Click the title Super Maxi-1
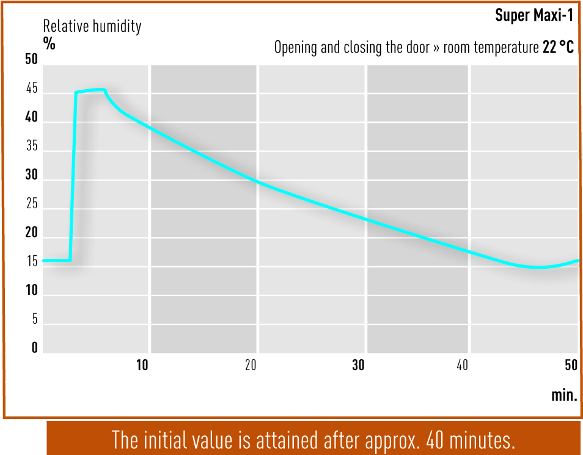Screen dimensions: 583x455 [x=534, y=15]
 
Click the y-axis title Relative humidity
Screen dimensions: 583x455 [x=92, y=27]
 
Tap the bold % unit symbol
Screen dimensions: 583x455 [x=49, y=43]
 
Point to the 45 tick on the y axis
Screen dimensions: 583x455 [x=32, y=89]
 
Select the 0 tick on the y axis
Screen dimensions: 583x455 [x=35, y=348]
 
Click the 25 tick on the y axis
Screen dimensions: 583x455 [x=32, y=204]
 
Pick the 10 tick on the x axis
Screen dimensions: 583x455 [x=142, y=365]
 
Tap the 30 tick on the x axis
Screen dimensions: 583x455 [x=358, y=365]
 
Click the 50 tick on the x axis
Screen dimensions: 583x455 [x=571, y=365]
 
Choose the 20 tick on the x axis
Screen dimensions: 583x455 [x=251, y=365]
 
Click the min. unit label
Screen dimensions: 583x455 [x=565, y=395]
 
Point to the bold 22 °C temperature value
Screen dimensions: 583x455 [x=558, y=47]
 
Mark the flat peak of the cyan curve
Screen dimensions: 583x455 [x=90, y=90]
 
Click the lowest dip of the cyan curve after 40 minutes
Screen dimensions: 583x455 [x=535, y=267]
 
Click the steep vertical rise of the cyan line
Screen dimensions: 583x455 [x=73, y=177]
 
